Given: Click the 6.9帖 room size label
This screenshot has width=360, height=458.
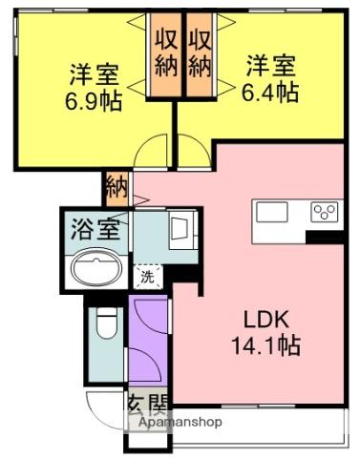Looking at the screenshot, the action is coord(94,101).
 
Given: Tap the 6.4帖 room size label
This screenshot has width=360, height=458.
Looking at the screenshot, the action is coord(270,93).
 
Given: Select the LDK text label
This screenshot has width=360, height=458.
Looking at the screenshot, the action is coord(266,319).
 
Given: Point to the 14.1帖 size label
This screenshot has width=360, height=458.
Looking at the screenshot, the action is coord(266,345).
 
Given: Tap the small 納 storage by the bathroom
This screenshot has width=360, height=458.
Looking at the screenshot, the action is coord(117,189).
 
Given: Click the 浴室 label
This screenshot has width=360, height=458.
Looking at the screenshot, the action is coord(95,229).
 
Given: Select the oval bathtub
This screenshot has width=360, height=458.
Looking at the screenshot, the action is coord(96,267).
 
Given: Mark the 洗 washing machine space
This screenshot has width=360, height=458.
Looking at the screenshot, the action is coord(148,277).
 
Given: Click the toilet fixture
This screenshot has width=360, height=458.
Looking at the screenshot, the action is coord(106,323).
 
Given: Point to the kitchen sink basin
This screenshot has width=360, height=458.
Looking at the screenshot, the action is coord(272,212).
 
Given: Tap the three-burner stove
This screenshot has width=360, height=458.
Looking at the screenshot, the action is coord(325,212).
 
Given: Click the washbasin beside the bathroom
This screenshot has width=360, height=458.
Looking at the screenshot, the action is coord(181,229).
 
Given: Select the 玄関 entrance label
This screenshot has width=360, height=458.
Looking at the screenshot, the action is coord(147,405).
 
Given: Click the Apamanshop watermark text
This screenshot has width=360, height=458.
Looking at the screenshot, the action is coord(180,422).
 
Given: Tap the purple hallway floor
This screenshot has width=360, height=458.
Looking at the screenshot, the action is coord(148,339).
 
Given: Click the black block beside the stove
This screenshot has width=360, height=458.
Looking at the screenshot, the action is coord(325,238).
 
